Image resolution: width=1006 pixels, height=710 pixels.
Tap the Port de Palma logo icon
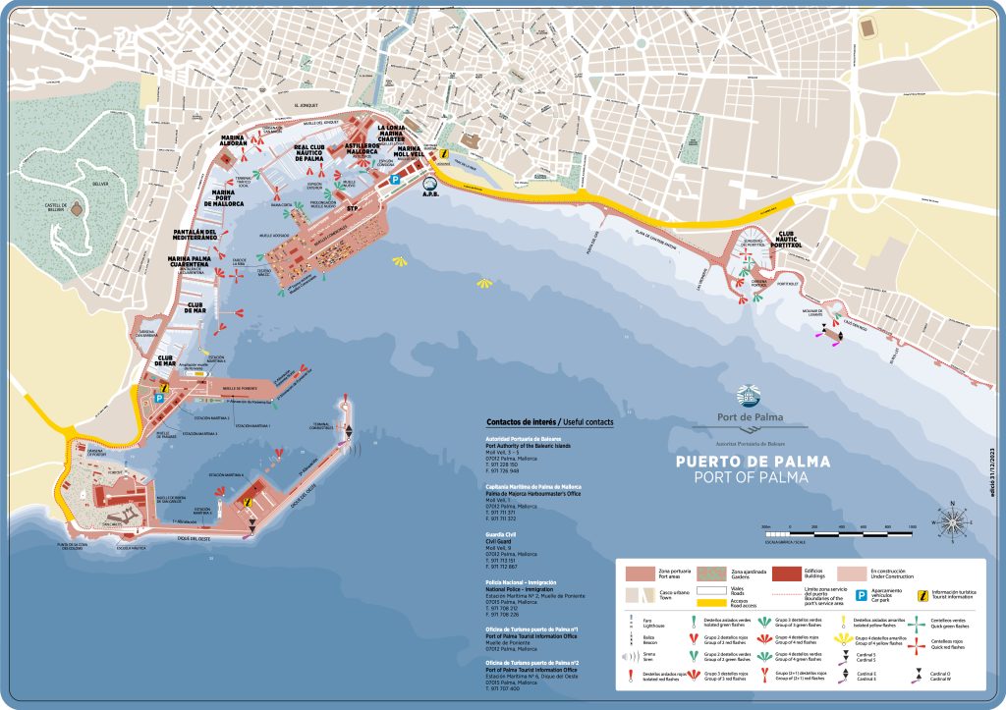748,396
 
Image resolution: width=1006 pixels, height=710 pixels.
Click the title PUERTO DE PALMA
752,461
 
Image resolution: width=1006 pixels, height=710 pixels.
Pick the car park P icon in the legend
859,595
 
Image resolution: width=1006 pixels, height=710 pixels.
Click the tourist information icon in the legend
923,595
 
